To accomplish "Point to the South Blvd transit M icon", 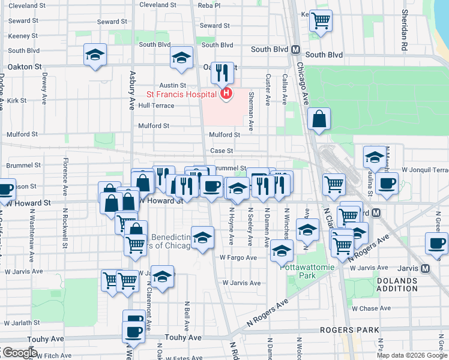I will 295,50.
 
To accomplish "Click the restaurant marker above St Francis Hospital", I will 223,73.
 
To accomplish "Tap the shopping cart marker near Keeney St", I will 321,20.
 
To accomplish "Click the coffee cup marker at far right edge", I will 436,244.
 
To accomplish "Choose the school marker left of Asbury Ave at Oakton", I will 95,56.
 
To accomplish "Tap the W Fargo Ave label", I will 238,257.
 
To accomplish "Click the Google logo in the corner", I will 19,353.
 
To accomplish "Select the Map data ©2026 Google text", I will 411,355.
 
